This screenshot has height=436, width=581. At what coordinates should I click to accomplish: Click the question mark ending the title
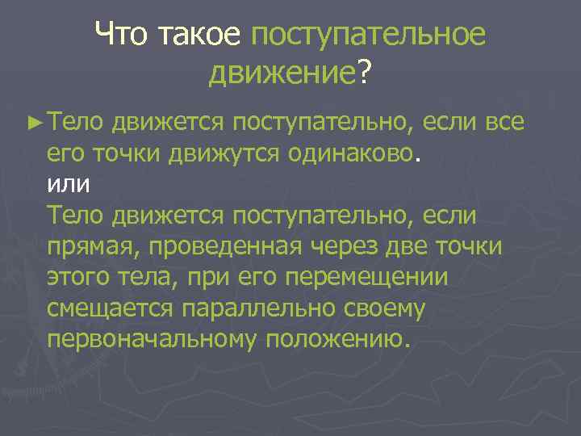(x=365, y=74)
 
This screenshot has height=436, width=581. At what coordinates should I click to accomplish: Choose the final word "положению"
(x=337, y=338)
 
